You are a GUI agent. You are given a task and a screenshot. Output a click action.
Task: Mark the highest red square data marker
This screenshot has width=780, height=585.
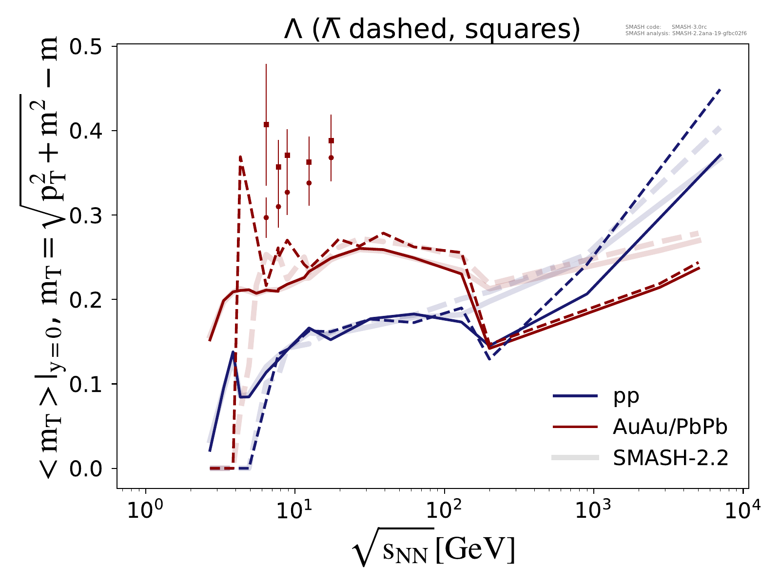(266, 124)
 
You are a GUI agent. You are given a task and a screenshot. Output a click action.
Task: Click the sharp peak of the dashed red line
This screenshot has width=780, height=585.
(240, 156)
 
